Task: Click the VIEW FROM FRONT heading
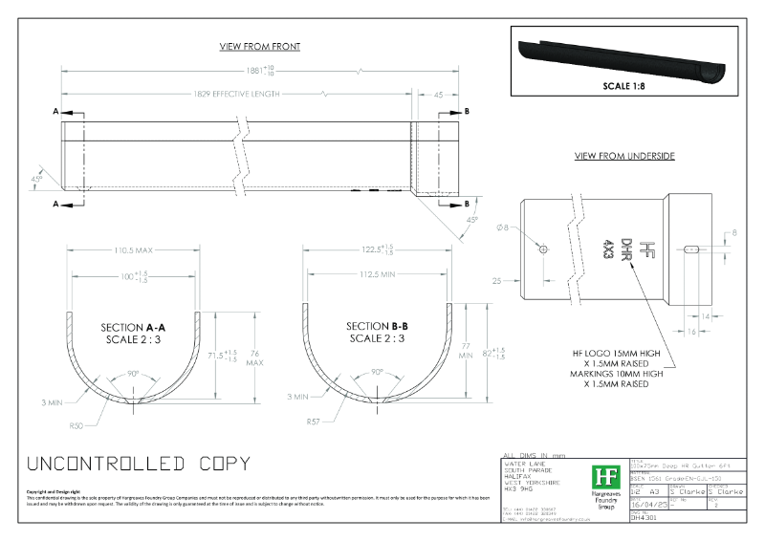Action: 260,47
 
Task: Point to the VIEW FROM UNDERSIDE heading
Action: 624,156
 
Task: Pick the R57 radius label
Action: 312,421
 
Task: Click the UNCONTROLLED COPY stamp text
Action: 139,465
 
